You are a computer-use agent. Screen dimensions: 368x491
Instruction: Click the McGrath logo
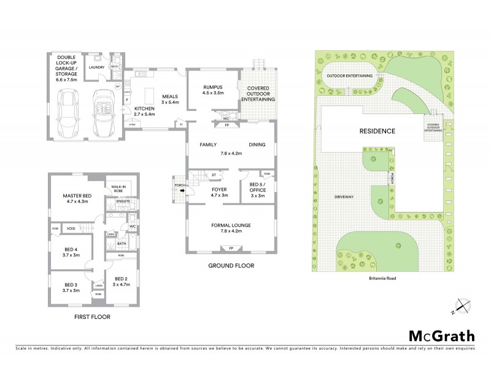(442, 335)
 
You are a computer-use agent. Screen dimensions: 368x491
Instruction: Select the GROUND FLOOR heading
(231, 266)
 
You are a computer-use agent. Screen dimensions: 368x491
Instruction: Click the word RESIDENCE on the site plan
(377, 131)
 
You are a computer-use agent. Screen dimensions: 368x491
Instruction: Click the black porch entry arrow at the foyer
(182, 190)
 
